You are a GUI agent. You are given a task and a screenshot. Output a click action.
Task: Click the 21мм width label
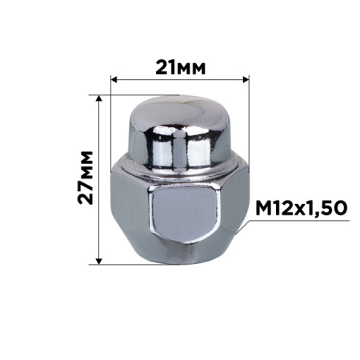pos(177,66)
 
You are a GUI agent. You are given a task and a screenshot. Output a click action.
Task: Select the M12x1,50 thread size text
pos(300,208)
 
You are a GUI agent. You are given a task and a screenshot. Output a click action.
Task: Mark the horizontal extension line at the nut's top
pos(120,94)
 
